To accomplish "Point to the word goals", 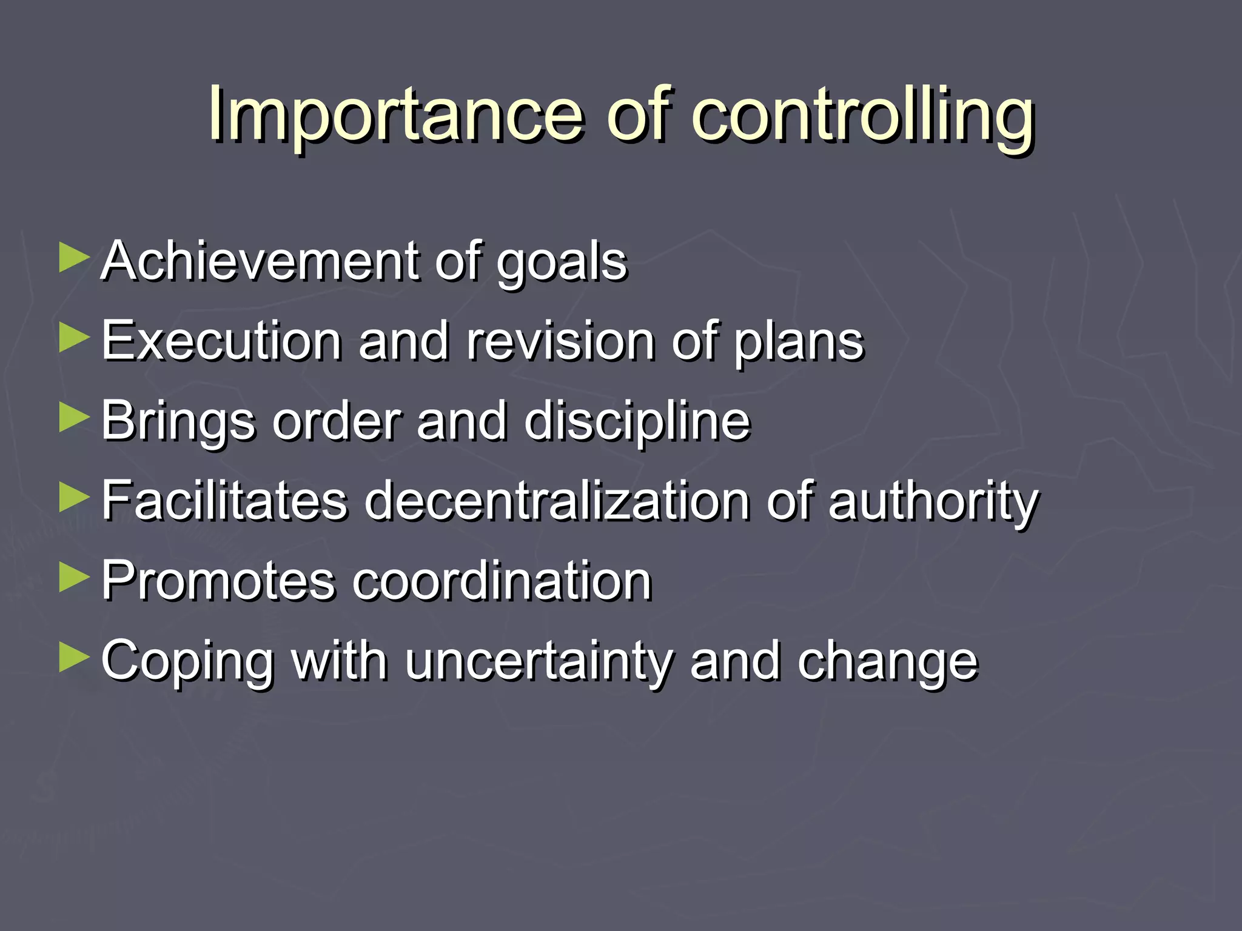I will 562,264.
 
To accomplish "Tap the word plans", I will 799,343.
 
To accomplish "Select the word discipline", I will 637,421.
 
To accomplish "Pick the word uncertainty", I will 539,662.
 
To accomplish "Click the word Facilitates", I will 224,501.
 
